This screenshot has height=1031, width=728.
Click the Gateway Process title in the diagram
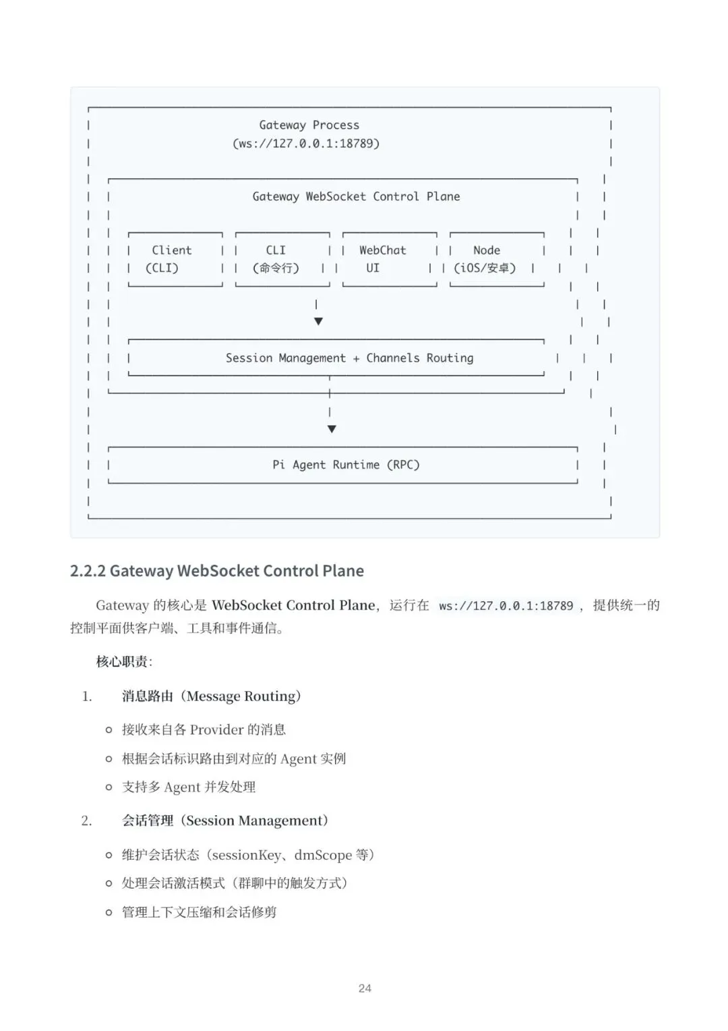tap(309, 125)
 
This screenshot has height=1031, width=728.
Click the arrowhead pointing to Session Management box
tap(318, 321)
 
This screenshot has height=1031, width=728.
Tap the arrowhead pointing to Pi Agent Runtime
tap(331, 428)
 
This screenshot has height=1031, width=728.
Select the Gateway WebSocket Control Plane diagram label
tap(356, 196)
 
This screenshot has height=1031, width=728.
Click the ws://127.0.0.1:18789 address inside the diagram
tap(306, 144)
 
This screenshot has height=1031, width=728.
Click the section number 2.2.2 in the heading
tap(88, 571)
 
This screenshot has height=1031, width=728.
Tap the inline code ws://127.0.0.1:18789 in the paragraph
tap(506, 606)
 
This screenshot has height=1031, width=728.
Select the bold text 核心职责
tap(122, 662)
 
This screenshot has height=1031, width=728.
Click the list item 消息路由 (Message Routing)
tap(211, 696)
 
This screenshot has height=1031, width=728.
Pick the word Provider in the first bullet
tap(216, 730)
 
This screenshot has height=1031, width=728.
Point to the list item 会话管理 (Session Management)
tap(224, 821)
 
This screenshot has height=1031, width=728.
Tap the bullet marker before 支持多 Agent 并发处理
tap(109, 787)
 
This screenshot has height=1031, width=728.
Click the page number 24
tap(365, 988)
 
